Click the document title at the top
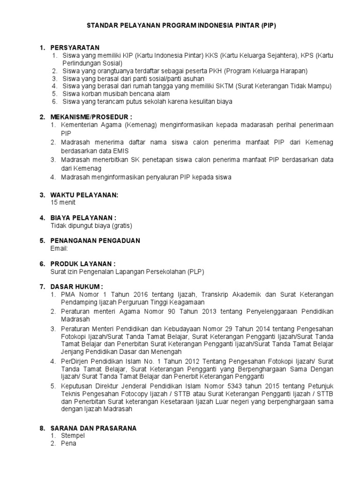click(182, 26)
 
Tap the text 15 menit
click(63, 202)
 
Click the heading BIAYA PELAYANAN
click(83, 217)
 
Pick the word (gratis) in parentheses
click(121, 225)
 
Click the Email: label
click(60, 248)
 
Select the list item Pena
click(68, 443)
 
